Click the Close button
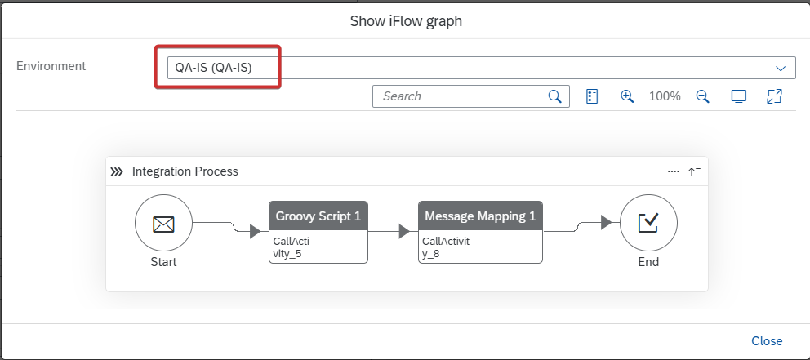(767, 341)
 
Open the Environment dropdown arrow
(780, 69)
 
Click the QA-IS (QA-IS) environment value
(213, 68)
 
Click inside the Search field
(460, 96)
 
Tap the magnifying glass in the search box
(554, 96)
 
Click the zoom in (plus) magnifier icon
(627, 96)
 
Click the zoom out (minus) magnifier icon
(702, 96)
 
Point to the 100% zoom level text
(665, 96)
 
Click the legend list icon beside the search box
(592, 96)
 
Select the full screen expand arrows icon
(774, 96)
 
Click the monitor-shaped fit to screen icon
(739, 96)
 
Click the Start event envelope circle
(163, 223)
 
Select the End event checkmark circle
(648, 223)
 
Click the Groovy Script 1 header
(318, 216)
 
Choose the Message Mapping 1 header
(480, 216)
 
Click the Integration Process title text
(185, 171)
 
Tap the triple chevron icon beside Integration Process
(117, 172)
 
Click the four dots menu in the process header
(673, 171)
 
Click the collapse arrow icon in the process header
(694, 171)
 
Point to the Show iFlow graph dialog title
(406, 21)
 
